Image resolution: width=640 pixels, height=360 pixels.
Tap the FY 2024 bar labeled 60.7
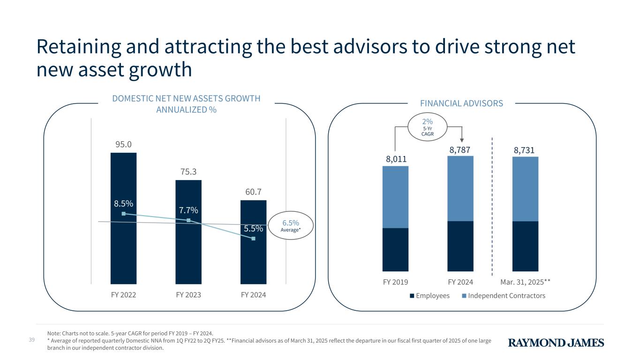tap(253, 262)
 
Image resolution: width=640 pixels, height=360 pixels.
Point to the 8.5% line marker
tap(123, 214)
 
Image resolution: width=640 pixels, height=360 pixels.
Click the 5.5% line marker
tap(253, 239)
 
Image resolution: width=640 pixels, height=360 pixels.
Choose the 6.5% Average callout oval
tap(290, 225)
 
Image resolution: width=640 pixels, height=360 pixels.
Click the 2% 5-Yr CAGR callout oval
tap(428, 126)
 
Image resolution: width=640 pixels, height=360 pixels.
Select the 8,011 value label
tap(395, 159)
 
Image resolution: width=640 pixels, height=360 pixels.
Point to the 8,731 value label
tap(525, 150)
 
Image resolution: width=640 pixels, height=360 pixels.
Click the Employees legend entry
tap(429, 296)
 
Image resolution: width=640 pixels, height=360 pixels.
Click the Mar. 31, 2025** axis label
tap(525, 282)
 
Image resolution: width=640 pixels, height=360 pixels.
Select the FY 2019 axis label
tap(395, 282)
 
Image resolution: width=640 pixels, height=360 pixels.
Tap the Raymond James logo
tap(556, 343)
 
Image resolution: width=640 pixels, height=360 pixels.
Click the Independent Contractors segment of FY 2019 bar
tap(395, 197)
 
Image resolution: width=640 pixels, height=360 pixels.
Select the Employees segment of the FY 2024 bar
tap(460, 246)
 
